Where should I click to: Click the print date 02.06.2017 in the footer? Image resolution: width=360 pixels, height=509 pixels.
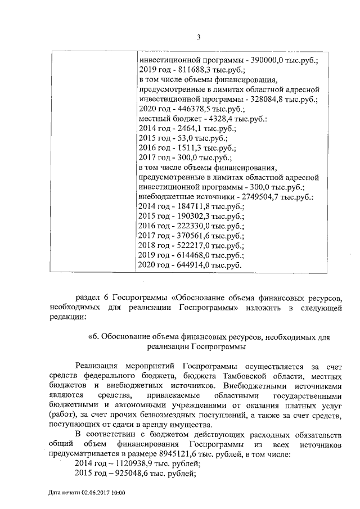pyautogui.click(x=94, y=493)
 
